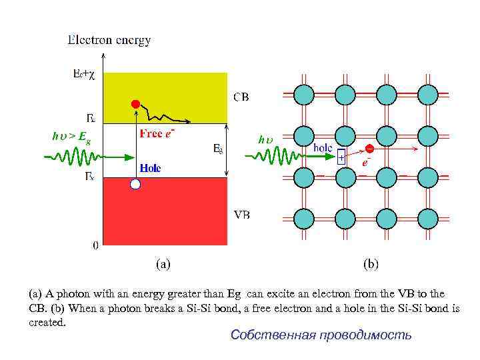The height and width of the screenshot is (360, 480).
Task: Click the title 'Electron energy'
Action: click(x=109, y=40)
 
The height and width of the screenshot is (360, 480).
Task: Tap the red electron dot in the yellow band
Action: click(x=135, y=103)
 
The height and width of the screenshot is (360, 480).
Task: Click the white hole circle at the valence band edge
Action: click(x=135, y=184)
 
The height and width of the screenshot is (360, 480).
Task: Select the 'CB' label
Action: click(x=241, y=97)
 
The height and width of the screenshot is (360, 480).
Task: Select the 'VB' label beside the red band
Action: click(x=242, y=215)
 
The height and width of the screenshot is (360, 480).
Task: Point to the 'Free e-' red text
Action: click(x=157, y=133)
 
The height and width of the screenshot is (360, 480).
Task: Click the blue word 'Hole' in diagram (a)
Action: click(x=150, y=168)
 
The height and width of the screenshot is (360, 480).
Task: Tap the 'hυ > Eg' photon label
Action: click(x=71, y=137)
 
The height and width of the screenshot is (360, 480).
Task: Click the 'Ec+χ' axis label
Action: click(x=84, y=75)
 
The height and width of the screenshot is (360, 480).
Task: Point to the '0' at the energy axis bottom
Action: click(x=95, y=245)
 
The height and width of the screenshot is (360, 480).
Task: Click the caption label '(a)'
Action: click(x=163, y=264)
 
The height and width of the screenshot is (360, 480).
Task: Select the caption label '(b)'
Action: click(x=371, y=264)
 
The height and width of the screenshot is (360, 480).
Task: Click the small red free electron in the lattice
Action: click(x=369, y=148)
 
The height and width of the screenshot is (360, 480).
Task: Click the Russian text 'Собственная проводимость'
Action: click(x=321, y=335)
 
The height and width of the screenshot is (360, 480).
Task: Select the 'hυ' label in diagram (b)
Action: click(x=265, y=139)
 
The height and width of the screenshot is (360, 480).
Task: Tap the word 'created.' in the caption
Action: click(x=47, y=323)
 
